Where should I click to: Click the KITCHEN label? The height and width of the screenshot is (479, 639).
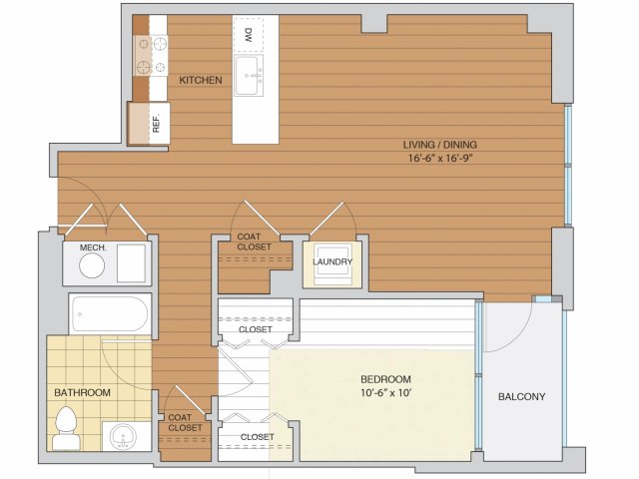click(x=201, y=80)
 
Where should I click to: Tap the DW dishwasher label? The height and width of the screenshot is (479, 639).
click(x=248, y=35)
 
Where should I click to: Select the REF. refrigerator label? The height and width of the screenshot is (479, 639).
click(x=156, y=123)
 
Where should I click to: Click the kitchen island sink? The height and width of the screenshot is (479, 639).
click(x=249, y=76)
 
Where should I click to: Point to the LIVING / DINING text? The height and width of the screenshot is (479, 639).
click(x=439, y=145)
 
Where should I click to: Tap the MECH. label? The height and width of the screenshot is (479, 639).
click(x=93, y=247)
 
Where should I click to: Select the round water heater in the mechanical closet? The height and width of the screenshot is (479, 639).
click(x=92, y=265)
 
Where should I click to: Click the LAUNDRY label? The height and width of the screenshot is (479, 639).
click(x=332, y=261)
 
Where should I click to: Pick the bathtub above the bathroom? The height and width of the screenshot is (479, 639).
click(x=109, y=314)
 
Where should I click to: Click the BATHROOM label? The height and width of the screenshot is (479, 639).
click(x=82, y=392)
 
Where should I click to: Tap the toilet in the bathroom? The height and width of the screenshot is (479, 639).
click(x=66, y=428)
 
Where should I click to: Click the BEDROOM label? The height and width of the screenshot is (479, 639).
click(x=385, y=379)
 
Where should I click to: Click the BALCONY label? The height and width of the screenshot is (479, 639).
click(x=521, y=397)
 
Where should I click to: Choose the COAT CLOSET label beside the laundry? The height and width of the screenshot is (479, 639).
click(x=254, y=241)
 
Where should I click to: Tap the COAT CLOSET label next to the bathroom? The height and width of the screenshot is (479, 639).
click(x=185, y=423)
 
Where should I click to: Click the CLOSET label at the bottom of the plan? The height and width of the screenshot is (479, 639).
click(x=258, y=437)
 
